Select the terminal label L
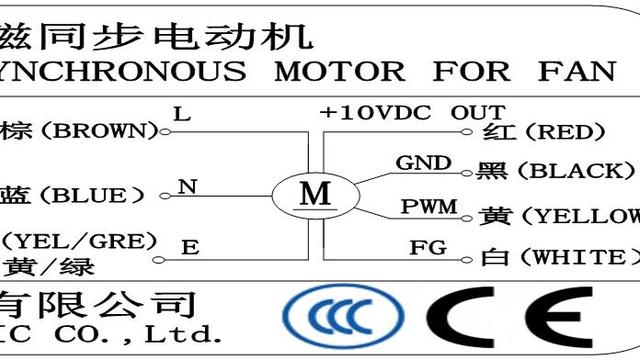coord(181,113)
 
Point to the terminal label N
coord(185,187)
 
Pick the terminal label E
coord(187,245)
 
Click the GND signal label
coord(423,163)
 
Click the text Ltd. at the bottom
coord(184,331)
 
